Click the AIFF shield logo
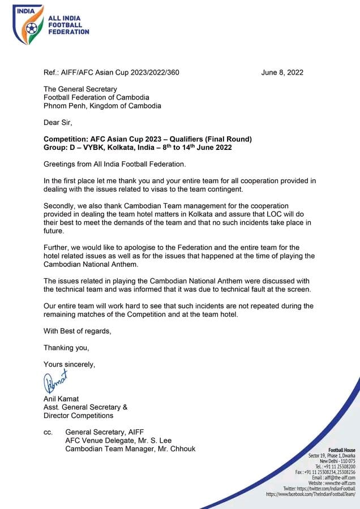click(x=28, y=25)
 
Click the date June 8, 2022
click(x=282, y=72)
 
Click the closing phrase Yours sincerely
click(x=70, y=365)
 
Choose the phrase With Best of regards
click(x=78, y=330)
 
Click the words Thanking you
click(x=66, y=347)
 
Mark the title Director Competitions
click(x=79, y=416)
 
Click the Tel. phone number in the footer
click(x=341, y=467)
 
